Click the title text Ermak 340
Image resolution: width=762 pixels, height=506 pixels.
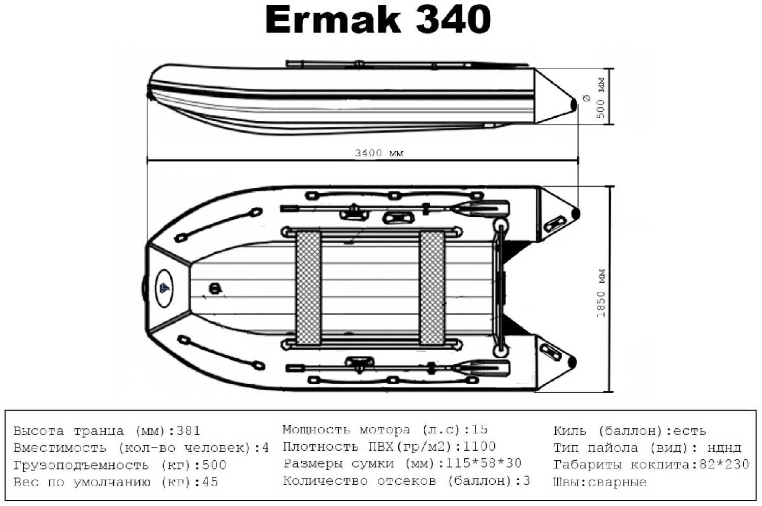pyautogui.click(x=378, y=20)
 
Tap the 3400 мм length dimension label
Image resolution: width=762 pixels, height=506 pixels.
pyautogui.click(x=379, y=153)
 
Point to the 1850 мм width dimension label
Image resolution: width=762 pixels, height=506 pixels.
pyautogui.click(x=601, y=293)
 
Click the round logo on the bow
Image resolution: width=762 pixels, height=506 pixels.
pyautogui.click(x=164, y=288)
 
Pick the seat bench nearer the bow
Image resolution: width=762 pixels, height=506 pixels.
pyautogui.click(x=308, y=288)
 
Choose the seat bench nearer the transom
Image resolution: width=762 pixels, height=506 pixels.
pyautogui.click(x=432, y=288)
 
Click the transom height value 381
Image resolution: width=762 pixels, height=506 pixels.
pyautogui.click(x=188, y=431)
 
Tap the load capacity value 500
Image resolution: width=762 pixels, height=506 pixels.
pyautogui.click(x=214, y=465)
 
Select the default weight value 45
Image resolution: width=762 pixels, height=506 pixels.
pyautogui.click(x=210, y=482)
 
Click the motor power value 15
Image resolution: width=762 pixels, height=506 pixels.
pyautogui.click(x=479, y=429)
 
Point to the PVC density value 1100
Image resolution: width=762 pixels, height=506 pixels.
pyautogui.click(x=479, y=446)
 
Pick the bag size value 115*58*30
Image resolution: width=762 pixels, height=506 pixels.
pyautogui.click(x=483, y=463)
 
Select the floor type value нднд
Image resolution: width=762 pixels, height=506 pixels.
pyautogui.click(x=724, y=448)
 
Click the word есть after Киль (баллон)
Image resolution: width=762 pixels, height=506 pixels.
pyautogui.click(x=689, y=431)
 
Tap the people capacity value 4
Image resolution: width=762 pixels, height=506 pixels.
pyautogui.click(x=265, y=448)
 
